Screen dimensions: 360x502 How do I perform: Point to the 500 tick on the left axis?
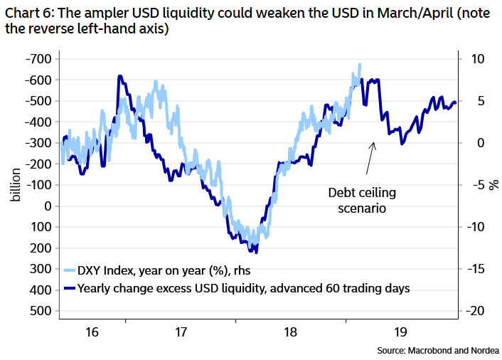(x=41, y=311)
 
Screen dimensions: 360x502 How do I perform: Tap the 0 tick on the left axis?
(x=46, y=206)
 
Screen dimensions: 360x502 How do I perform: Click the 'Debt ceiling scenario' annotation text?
(x=361, y=201)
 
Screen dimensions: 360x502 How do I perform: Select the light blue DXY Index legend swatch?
(x=69, y=271)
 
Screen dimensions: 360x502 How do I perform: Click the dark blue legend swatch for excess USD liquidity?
(x=69, y=288)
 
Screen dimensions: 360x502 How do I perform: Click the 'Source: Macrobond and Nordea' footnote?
(x=441, y=350)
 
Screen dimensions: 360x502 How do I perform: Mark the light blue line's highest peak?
(x=360, y=65)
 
